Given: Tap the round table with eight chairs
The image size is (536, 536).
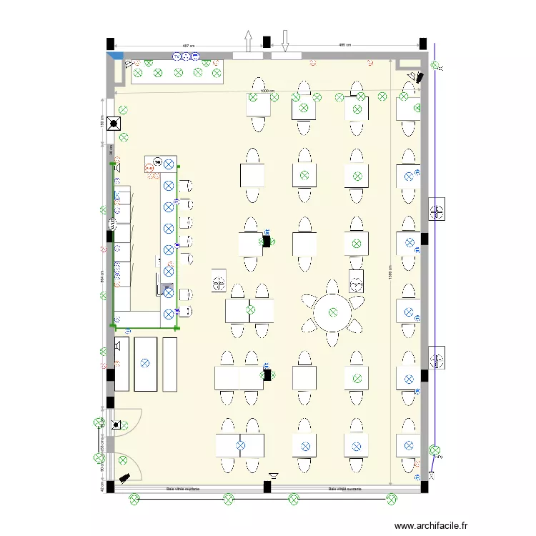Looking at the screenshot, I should pos(333,312).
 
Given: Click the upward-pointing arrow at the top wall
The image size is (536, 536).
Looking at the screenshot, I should pos(248,41).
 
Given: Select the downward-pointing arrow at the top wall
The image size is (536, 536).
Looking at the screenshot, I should pos(284,41).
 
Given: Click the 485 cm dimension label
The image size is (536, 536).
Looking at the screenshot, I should pos(343,46).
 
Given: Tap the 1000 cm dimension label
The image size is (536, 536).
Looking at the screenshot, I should pos(267,91).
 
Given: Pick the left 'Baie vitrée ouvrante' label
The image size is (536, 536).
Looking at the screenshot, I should pos(182,490).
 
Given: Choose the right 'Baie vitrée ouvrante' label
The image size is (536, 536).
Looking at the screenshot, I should pos(344,490).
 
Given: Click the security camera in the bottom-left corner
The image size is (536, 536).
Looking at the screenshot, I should pos(124,476).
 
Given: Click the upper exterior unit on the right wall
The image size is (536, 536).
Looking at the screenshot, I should pos(437,209).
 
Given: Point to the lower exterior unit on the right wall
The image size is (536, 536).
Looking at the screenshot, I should pos(437,357).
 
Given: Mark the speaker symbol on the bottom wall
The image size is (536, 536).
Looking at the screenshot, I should pos(274,475).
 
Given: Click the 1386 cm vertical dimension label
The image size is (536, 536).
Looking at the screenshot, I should pos(390,275).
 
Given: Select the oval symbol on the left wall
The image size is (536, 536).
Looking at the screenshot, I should pos(111,224).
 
